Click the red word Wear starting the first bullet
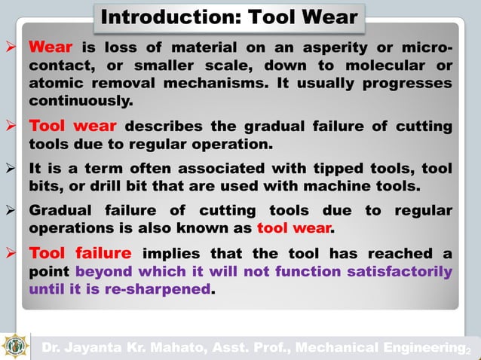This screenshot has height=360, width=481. point(51,47)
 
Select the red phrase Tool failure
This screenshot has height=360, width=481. point(80,253)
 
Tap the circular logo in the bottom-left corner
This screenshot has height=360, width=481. point(16,346)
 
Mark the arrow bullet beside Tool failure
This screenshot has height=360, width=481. point(10,254)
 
